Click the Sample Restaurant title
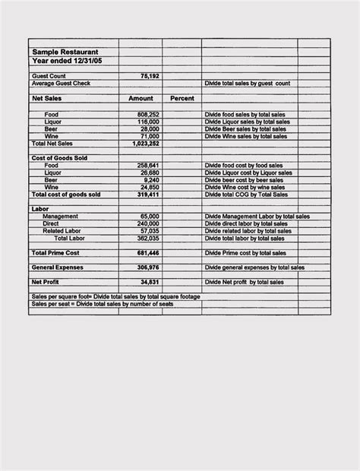point(65,52)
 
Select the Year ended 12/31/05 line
point(65,60)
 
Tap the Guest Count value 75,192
point(150,76)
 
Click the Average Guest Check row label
point(61,83)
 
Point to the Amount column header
point(141,99)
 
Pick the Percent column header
point(182,99)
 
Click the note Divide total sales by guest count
point(248,83)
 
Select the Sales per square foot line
point(114,296)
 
